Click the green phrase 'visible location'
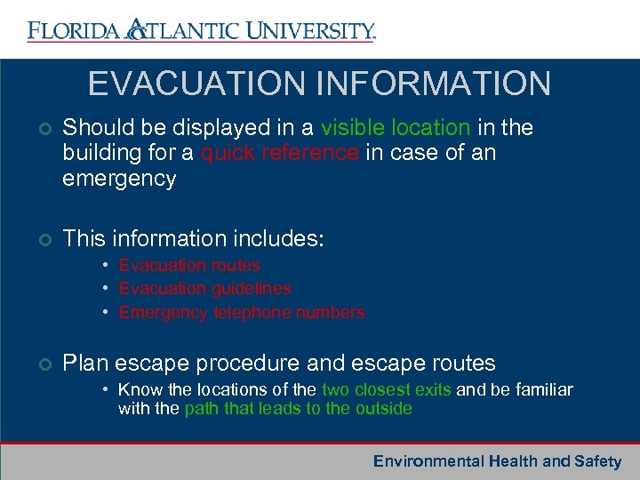pos(396,128)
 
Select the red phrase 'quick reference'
pos(280,153)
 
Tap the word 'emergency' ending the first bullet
pos(119,179)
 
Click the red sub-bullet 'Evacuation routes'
pos(189,265)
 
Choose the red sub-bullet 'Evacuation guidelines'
pos(204,288)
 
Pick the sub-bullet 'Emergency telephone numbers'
pos(242,312)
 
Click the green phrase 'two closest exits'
pos(387,389)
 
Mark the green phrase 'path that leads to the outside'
pos(298,409)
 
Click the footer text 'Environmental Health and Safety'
pos(497,461)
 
